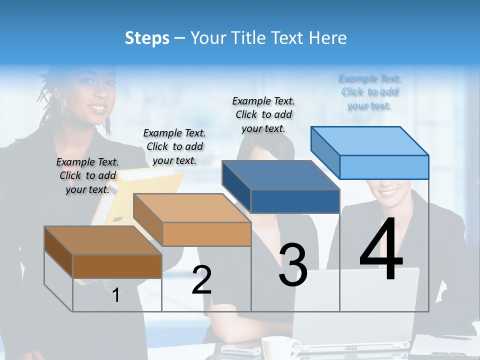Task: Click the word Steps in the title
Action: pyautogui.click(x=147, y=38)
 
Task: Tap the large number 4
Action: pyautogui.click(x=381, y=249)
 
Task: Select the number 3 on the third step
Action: pyautogui.click(x=293, y=265)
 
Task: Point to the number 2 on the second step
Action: pyautogui.click(x=201, y=279)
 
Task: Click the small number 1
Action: pyautogui.click(x=115, y=295)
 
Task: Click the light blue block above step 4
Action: pyautogui.click(x=370, y=152)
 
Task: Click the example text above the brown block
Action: pyautogui.click(x=87, y=175)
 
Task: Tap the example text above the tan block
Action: pyautogui.click(x=174, y=146)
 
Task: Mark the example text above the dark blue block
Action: pyautogui.click(x=263, y=114)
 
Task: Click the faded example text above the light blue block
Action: pyautogui.click(x=369, y=92)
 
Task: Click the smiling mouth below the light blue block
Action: pyautogui.click(x=390, y=192)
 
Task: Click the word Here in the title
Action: pyautogui.click(x=328, y=38)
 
